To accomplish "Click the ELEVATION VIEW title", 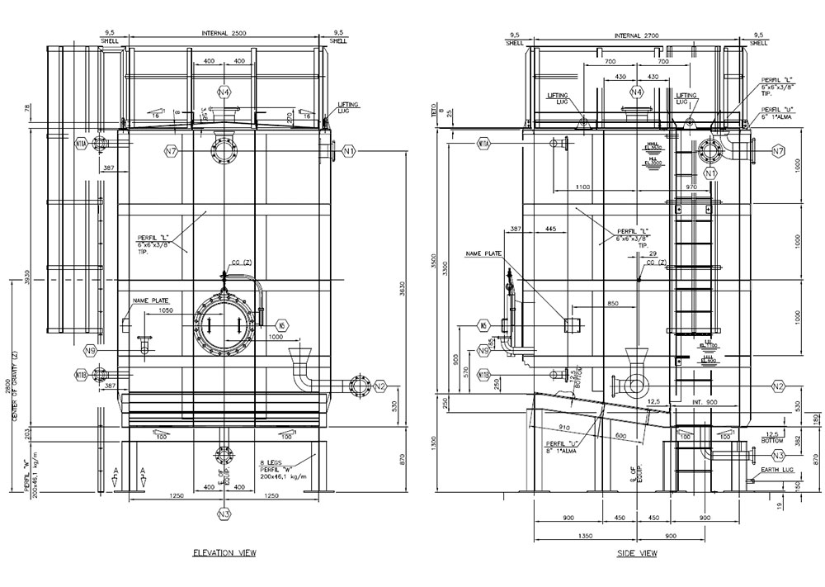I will tap(224, 552).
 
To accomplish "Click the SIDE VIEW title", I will tap(637, 552).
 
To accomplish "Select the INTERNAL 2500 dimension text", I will tap(224, 33).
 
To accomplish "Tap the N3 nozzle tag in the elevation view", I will tap(224, 514).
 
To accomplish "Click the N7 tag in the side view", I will tap(777, 150).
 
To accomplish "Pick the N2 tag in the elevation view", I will tap(379, 386).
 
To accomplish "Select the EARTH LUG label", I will tap(776, 470).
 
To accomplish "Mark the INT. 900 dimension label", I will tap(703, 402).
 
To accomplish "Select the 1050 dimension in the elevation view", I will tap(165, 313).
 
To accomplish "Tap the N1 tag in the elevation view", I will tap(348, 151).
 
